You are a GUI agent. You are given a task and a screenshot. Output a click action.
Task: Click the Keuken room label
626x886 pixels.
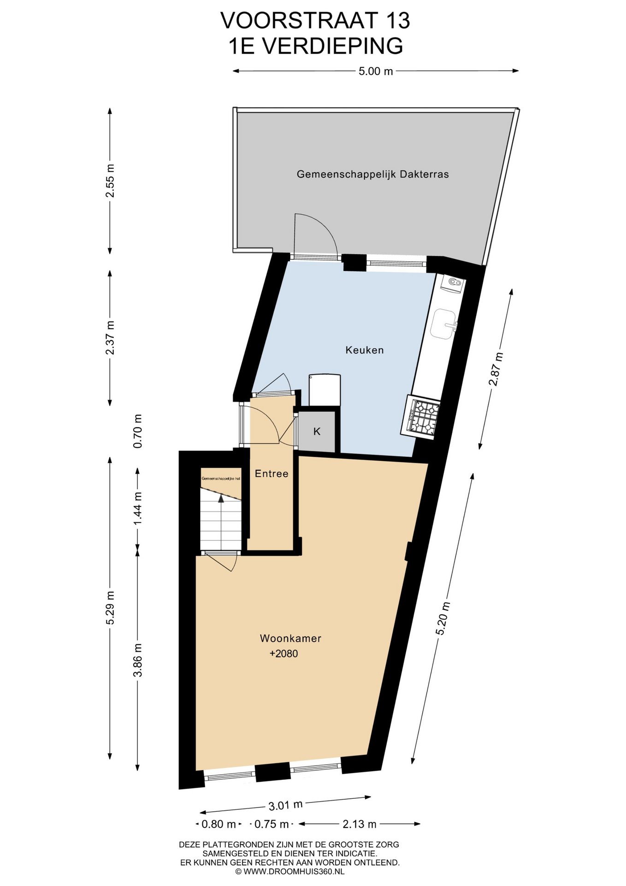tap(364, 350)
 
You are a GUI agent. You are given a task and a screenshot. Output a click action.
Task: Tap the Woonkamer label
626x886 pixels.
tap(290, 638)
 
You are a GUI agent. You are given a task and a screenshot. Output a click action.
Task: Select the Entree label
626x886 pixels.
tap(272, 473)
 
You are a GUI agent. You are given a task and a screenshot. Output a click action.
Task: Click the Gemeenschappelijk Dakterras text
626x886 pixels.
tap(372, 174)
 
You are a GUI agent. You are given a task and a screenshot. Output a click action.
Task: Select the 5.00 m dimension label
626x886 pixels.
tap(376, 71)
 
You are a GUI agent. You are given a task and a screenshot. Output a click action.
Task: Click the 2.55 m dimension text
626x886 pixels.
tap(110, 180)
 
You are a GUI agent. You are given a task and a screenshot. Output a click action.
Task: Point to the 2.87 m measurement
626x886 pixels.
tap(496, 369)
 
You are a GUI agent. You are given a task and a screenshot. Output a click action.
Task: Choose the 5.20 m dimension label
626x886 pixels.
tap(443, 619)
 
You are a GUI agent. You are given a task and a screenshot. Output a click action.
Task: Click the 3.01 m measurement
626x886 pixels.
tap(285, 805)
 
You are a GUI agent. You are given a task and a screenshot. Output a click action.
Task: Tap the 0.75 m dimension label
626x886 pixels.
tap(272, 824)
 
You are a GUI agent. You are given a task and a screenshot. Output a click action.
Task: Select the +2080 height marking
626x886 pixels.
tap(284, 653)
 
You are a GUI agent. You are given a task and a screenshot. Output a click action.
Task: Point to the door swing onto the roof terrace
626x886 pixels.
tap(316, 234)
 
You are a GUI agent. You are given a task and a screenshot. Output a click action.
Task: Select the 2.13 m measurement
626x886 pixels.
tap(360, 824)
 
